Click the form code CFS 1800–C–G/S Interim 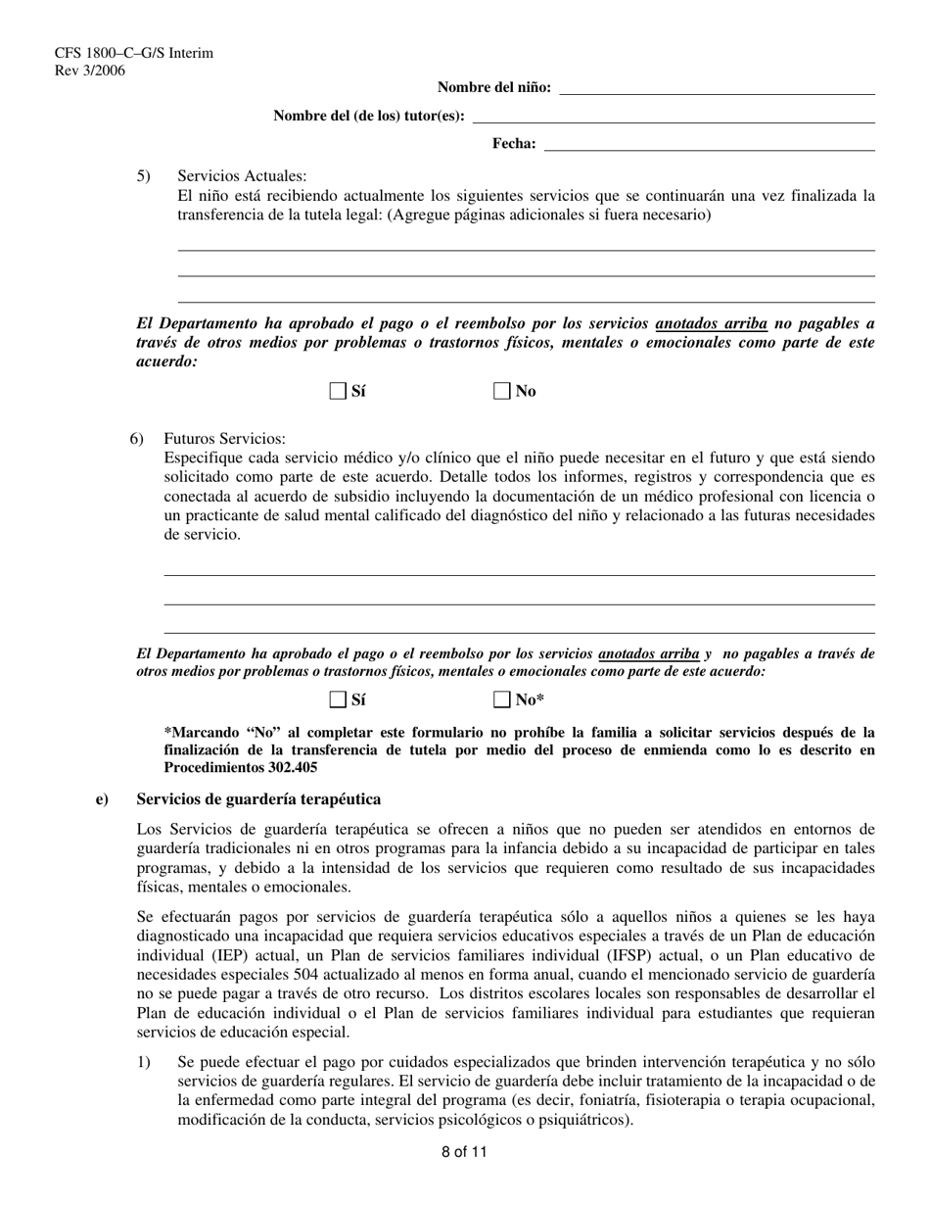[x=120, y=53]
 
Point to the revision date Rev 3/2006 [x=90, y=70]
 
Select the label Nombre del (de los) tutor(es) [x=369, y=117]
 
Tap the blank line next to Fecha [x=709, y=145]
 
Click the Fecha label [x=514, y=145]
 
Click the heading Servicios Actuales [x=242, y=176]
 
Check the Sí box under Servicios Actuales [x=338, y=392]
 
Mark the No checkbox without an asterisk [x=502, y=392]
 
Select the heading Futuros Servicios [x=224, y=439]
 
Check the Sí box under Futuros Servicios [x=338, y=699]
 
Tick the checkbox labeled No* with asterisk [x=502, y=699]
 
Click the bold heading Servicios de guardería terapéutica [x=258, y=800]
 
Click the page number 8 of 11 [x=464, y=1152]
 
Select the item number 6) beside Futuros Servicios [x=137, y=439]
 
